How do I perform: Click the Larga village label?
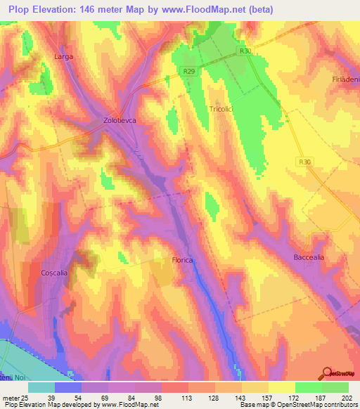click(64, 56)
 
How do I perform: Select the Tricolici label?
click(224, 109)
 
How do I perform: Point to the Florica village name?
click(182, 260)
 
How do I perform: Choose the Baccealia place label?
click(309, 257)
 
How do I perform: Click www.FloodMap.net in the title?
click(211, 9)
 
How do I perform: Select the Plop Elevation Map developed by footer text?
click(49, 405)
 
